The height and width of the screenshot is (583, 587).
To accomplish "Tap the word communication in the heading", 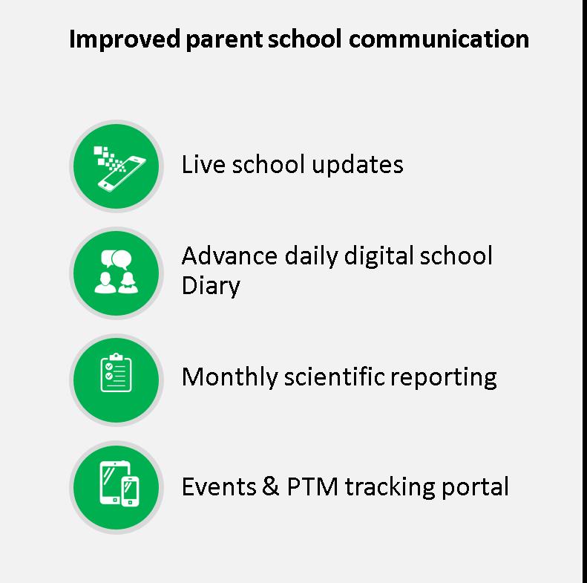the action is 439,39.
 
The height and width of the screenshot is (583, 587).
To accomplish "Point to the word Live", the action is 203,164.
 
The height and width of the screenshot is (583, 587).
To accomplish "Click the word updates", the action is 358,165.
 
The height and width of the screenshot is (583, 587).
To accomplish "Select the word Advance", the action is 229,256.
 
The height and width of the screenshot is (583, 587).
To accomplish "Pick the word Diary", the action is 211,287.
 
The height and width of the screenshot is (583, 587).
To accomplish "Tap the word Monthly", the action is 229,378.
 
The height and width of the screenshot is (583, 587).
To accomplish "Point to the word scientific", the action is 334,377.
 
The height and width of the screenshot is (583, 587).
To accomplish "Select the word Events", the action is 219,486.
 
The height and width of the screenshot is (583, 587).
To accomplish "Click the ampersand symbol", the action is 270,486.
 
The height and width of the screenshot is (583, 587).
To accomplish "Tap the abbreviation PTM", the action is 312,486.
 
